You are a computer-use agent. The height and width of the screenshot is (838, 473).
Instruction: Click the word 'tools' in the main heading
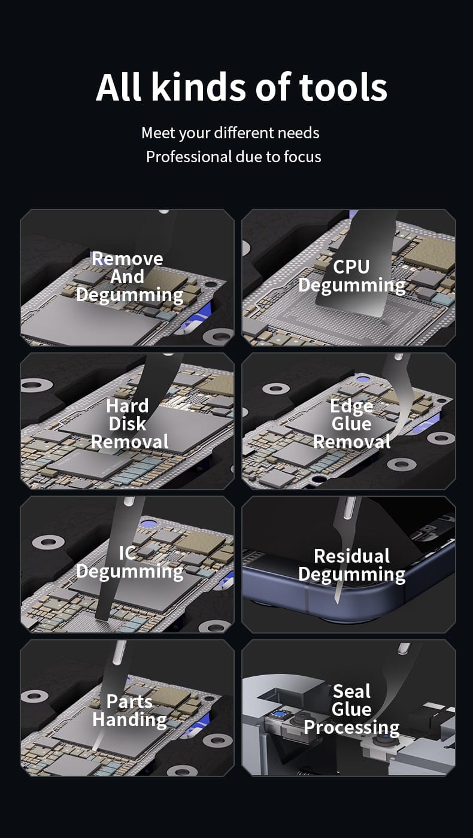pos(342,87)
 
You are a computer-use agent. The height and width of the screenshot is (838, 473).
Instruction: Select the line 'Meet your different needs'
pos(231,133)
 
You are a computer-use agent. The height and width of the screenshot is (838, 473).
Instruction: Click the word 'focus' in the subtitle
pos(302,157)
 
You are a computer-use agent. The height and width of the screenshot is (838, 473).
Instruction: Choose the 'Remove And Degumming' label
pos(129,277)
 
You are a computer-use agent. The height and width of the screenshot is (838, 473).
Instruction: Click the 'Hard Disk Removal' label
pos(129,424)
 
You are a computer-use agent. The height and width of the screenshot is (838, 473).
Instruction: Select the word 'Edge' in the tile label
pos(351,406)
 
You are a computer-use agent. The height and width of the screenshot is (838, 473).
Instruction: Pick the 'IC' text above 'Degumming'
pos(127,553)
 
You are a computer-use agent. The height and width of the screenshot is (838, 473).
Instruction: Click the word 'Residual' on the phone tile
pos(352,556)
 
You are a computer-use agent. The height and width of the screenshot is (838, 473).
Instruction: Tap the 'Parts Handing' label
pos(129,711)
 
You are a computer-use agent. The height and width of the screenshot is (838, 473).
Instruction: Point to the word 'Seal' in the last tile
pos(352,691)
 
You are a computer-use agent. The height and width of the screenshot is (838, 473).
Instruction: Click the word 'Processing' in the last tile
pos(352,728)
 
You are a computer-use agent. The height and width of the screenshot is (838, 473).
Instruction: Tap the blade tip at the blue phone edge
pos(336,602)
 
